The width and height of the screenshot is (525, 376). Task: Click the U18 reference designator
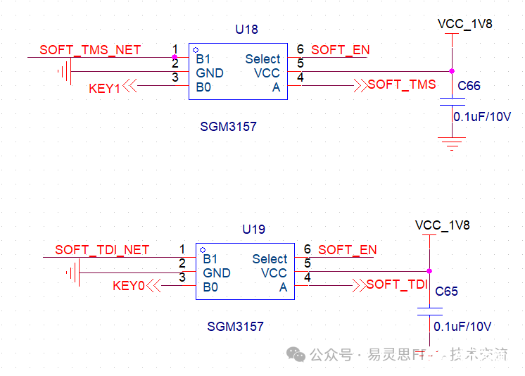(246, 30)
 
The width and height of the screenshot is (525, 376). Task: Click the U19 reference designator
(253, 230)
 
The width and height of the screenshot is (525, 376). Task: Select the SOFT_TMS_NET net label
(90, 50)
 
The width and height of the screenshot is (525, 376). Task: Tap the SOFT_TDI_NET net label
(102, 250)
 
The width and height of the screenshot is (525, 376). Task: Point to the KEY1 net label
(104, 88)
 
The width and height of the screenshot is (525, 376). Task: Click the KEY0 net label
(128, 287)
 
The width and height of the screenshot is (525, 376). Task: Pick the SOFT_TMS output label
(402, 84)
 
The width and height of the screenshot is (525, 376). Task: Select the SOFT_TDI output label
(397, 284)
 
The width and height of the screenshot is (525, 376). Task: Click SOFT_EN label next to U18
(341, 50)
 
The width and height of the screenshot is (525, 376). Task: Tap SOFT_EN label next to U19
(348, 250)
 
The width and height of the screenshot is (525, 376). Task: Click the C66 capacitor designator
(469, 86)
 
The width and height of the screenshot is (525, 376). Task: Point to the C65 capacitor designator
(446, 292)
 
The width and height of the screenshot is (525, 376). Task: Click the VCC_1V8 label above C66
(464, 24)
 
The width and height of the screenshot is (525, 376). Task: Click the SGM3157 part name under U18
(229, 127)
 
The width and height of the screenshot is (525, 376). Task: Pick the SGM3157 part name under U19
(236, 327)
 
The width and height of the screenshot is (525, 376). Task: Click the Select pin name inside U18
(262, 59)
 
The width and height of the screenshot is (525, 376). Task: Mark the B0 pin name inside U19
(210, 287)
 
